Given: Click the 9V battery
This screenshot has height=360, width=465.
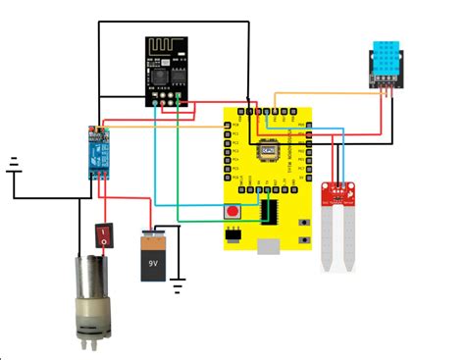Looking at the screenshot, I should (x=155, y=256).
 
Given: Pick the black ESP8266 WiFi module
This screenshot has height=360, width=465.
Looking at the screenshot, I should (x=166, y=70).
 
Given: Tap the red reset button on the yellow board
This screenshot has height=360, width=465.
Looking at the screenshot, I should (x=233, y=211).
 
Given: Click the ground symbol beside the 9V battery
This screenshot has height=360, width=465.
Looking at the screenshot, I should (x=178, y=285).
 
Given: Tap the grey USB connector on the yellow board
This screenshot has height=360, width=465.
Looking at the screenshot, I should (x=233, y=235).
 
